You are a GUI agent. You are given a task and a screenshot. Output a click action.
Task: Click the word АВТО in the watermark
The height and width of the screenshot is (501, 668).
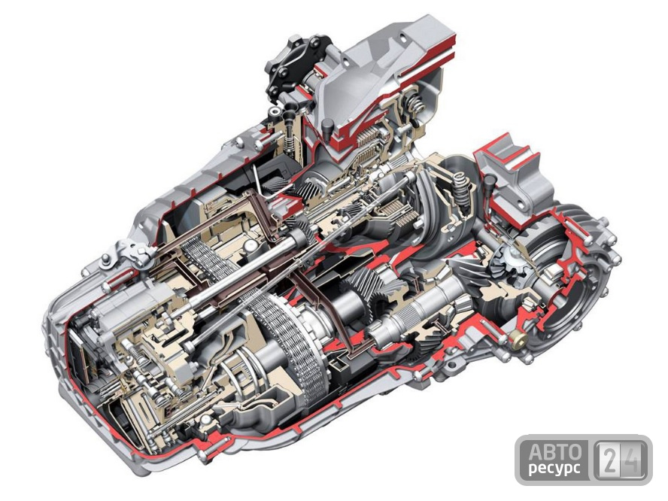click(x=554, y=452)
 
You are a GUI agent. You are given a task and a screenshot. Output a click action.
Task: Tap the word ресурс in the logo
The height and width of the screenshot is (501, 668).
click(x=554, y=469)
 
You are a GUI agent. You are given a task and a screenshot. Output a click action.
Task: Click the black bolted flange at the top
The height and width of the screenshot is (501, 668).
click(x=296, y=68)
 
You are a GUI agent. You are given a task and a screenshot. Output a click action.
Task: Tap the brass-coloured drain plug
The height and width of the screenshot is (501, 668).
click(x=519, y=339)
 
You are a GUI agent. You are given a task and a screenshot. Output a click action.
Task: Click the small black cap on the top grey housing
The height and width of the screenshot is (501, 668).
click(x=327, y=126)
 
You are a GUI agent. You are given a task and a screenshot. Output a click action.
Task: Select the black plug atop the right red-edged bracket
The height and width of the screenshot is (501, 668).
click(x=490, y=184)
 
